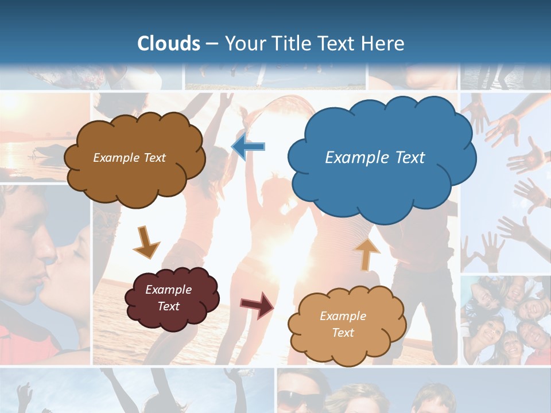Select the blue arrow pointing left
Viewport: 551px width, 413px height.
pyautogui.click(x=248, y=147)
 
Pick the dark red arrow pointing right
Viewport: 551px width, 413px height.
pyautogui.click(x=257, y=305)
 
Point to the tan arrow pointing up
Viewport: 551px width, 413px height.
pyautogui.click(x=367, y=254)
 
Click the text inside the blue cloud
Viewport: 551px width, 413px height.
pyautogui.click(x=375, y=157)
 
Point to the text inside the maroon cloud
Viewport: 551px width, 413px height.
pyautogui.click(x=168, y=298)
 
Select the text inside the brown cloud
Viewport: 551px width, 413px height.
pyautogui.click(x=129, y=158)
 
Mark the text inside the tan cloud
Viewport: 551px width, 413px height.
pyautogui.click(x=343, y=324)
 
